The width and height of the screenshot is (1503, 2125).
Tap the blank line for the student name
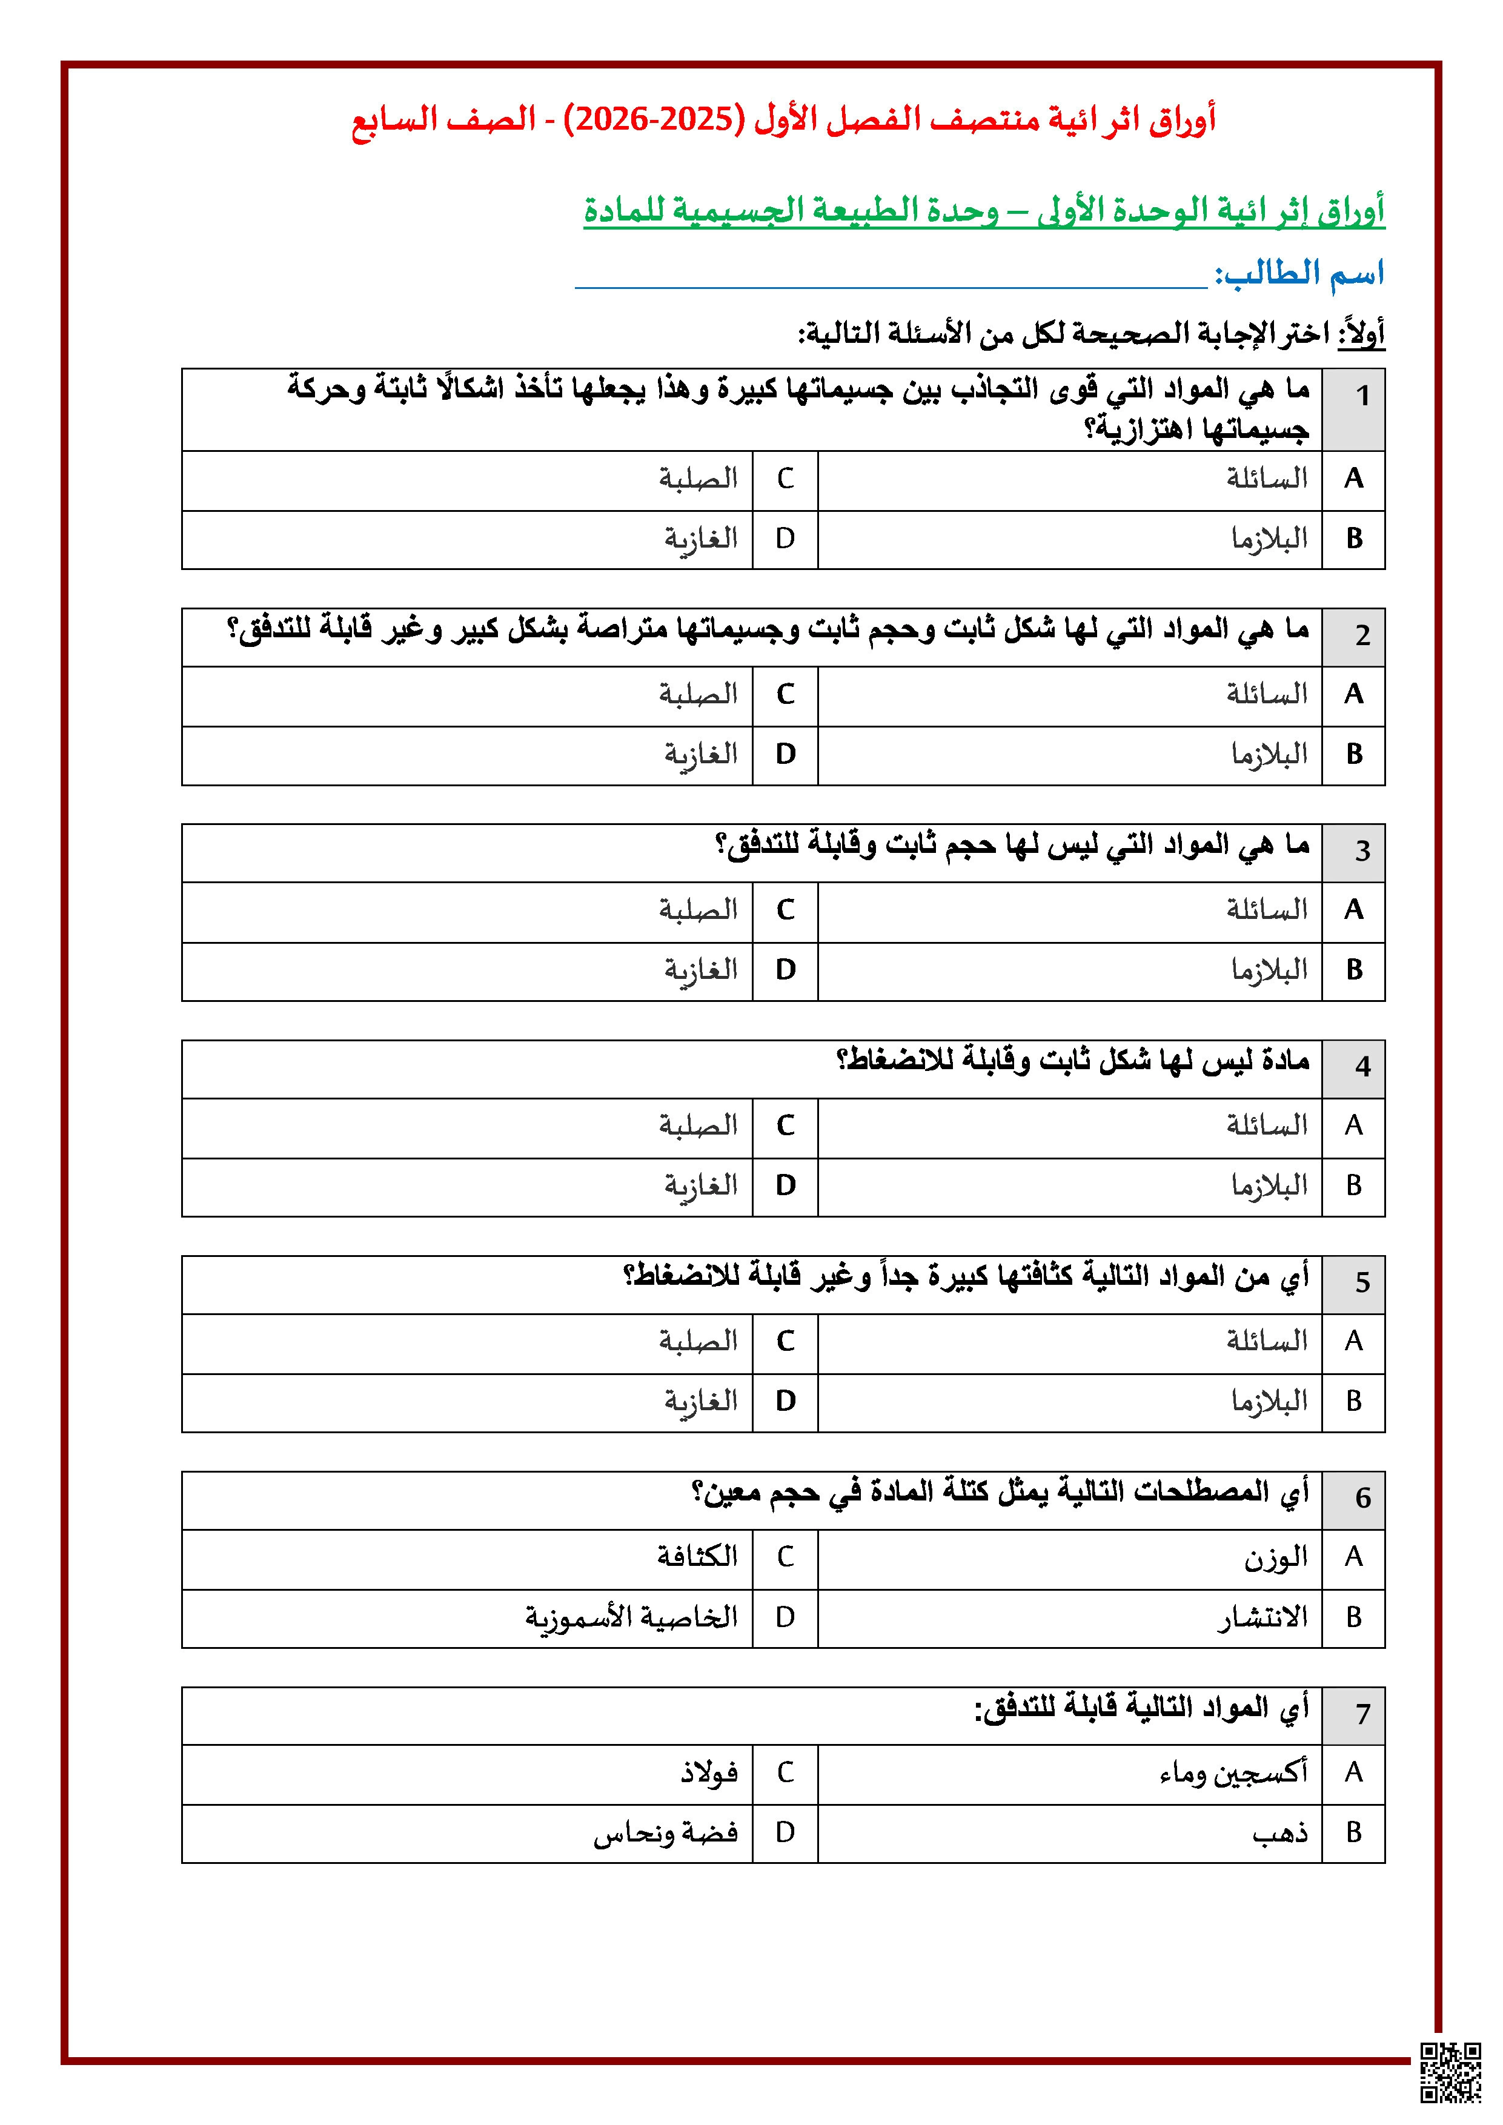coord(891,277)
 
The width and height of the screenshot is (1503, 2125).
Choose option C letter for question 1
coord(785,479)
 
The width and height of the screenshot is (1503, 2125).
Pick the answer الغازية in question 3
coord(700,971)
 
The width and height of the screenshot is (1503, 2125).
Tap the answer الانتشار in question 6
coord(1262,1617)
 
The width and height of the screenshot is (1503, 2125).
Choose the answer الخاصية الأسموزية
coord(631,1617)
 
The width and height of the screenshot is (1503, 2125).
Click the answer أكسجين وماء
coord(1233,1772)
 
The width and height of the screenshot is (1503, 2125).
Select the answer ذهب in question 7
coord(1281,1832)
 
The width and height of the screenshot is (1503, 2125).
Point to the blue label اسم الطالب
coord(1299,273)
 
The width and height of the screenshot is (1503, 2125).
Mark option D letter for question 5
coord(785,1401)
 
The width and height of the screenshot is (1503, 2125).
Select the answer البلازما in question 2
coord(1269,754)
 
